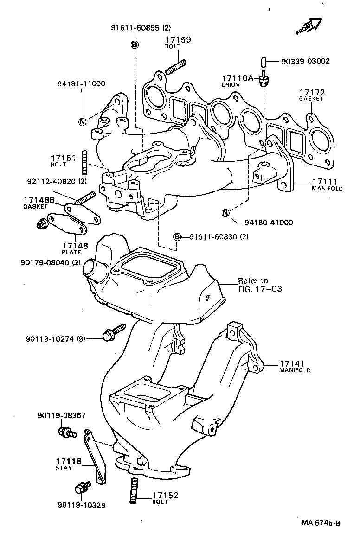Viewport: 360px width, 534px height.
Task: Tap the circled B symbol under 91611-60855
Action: click(x=134, y=44)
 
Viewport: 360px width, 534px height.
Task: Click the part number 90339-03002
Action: click(x=305, y=61)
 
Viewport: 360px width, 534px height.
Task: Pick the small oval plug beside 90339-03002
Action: click(x=263, y=61)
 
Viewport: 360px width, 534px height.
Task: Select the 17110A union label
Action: click(x=237, y=78)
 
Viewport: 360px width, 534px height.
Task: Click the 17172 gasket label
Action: click(x=311, y=93)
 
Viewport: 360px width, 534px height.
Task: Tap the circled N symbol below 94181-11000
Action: click(x=82, y=122)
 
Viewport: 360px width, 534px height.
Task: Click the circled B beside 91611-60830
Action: click(x=176, y=237)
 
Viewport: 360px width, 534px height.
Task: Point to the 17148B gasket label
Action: click(x=39, y=200)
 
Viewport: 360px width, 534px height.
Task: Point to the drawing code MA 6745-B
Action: click(x=321, y=523)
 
